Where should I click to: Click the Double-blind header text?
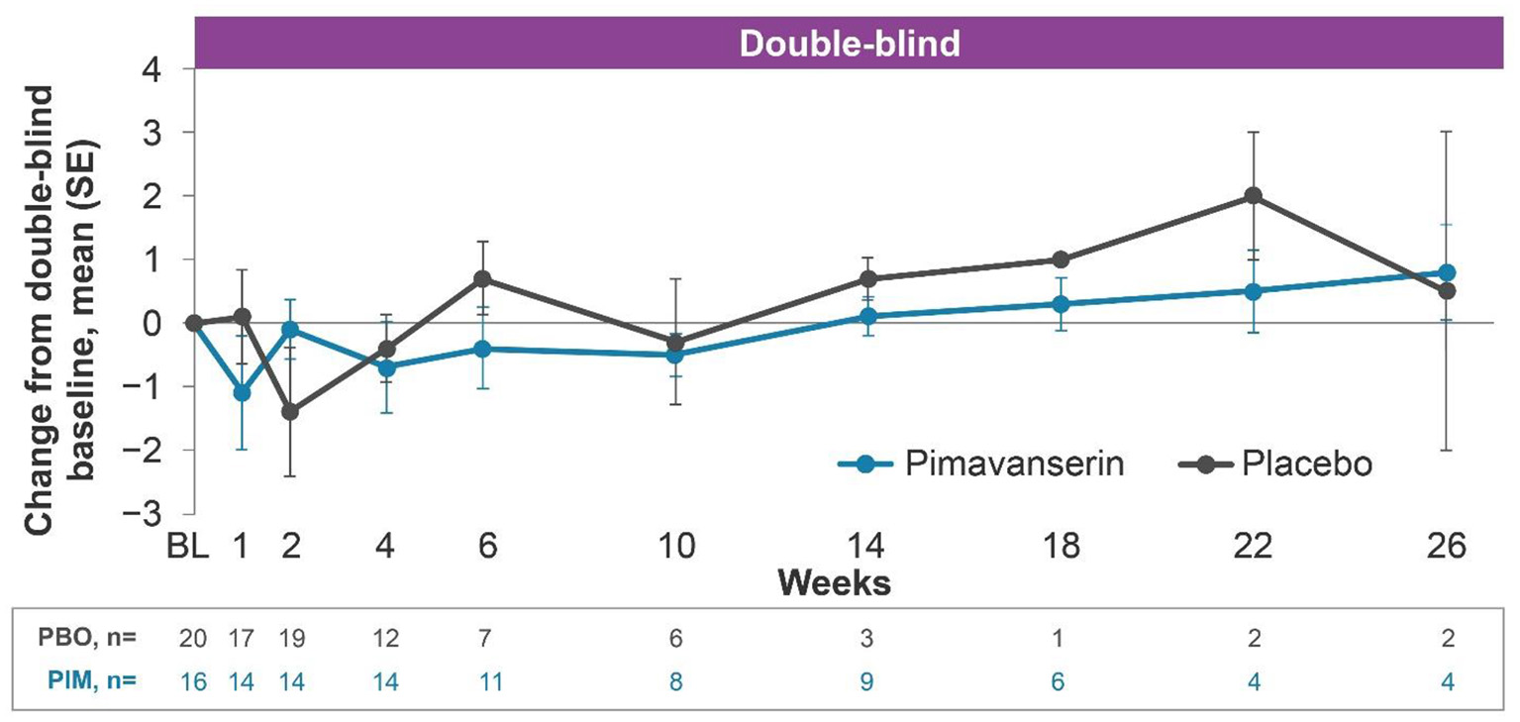pos(850,46)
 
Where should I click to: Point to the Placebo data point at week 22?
pos(1254,196)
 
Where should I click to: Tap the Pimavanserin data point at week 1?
pos(242,393)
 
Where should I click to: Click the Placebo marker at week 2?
pos(290,411)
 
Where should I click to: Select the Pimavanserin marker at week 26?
pos(1447,272)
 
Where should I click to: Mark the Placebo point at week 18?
pos(1061,259)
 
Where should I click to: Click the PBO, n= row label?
pos(88,639)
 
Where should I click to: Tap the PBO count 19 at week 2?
pos(290,639)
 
